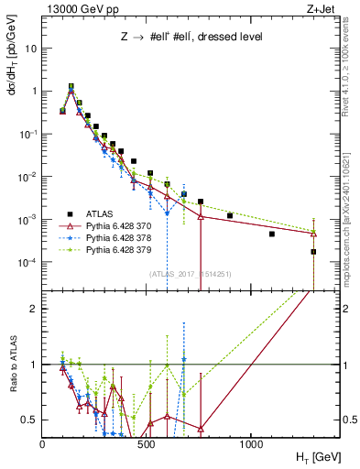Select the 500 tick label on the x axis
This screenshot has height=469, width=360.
tap(147, 443)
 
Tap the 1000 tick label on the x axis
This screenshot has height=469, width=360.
tap(252, 443)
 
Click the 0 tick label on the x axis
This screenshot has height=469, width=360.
tap(42, 443)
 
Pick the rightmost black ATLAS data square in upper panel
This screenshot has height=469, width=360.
tap(313, 251)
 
